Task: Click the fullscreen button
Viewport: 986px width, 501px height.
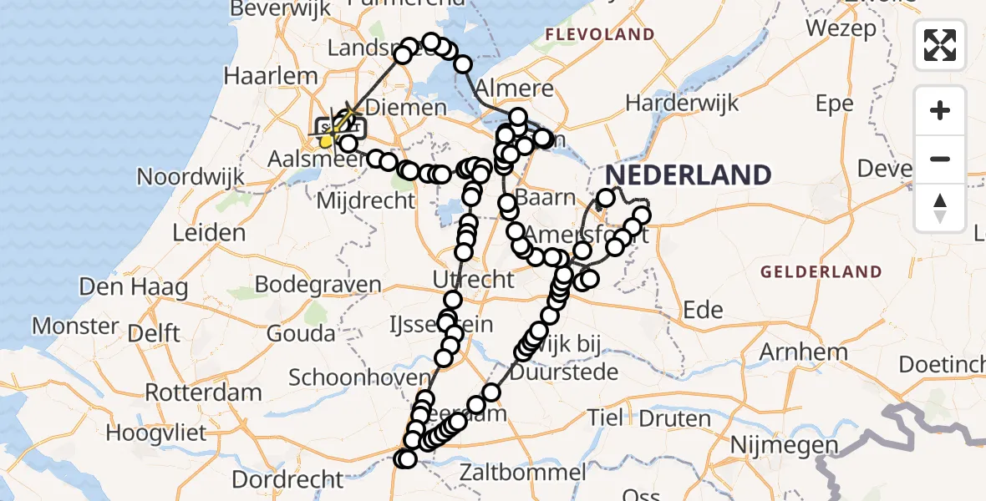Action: click(940, 45)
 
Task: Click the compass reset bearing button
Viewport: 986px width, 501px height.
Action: click(940, 208)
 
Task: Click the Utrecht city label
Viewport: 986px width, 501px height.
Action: click(473, 279)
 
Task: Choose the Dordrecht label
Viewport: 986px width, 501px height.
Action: click(288, 479)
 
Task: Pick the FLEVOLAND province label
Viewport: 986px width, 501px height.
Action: click(599, 35)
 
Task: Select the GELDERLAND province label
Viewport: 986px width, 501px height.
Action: click(821, 272)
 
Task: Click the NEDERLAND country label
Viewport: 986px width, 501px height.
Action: click(688, 175)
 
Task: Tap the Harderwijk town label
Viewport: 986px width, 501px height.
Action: click(683, 104)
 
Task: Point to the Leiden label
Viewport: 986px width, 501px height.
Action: click(209, 233)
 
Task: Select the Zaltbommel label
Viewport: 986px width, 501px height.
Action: click(523, 473)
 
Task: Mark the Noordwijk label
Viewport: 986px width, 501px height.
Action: click(191, 177)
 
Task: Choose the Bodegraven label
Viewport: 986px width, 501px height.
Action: click(318, 284)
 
